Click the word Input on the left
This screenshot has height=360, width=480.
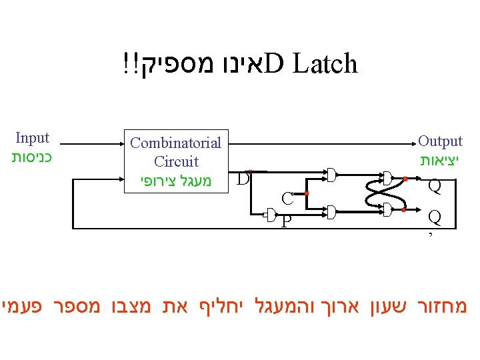32,138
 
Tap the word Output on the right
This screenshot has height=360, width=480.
440,141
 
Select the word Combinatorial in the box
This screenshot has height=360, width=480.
176,143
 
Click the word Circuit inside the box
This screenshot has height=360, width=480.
176,161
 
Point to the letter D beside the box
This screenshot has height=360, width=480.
243,179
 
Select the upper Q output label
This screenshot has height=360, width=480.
435,185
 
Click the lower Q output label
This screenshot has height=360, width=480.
435,217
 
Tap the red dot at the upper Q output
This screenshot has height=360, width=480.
405,179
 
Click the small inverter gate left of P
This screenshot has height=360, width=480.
271,213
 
